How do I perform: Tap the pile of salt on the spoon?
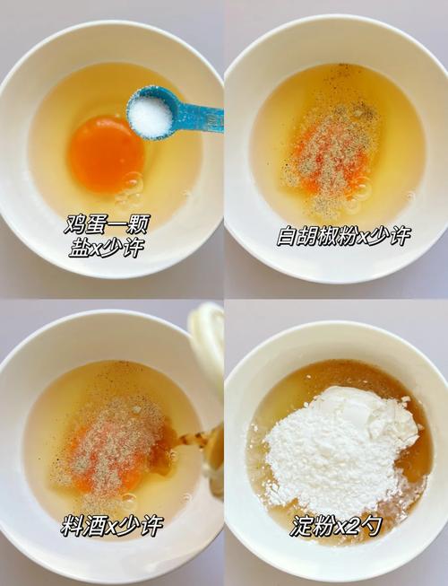coord(150,115)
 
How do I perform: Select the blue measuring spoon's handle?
coord(199,118)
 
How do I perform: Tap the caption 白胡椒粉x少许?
coord(343,236)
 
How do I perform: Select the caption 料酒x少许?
coord(112,526)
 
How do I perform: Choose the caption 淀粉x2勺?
coord(336,526)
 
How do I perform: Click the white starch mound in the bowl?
coord(340,449)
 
